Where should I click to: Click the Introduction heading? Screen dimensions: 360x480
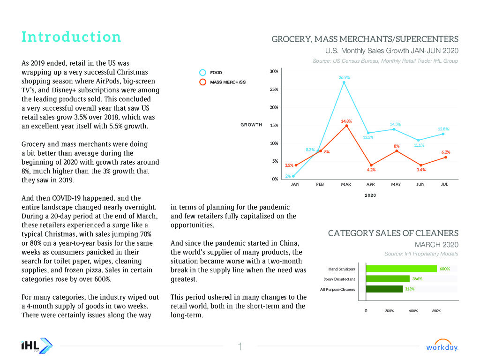pyautogui.click(x=71, y=37)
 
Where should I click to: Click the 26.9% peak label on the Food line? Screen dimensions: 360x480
pyautogui.click(x=345, y=77)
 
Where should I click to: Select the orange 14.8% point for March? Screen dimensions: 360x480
pyautogui.click(x=346, y=126)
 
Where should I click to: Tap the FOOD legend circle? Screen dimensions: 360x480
pyautogui.click(x=203, y=73)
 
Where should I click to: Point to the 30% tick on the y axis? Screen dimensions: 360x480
pyautogui.click(x=274, y=71)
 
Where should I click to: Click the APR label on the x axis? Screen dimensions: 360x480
pyautogui.click(x=370, y=184)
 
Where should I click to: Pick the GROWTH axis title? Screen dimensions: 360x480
pyautogui.click(x=251, y=125)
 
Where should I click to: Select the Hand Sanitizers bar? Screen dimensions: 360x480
pyautogui.click(x=401, y=269)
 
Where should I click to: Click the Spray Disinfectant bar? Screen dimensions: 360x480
pyautogui.click(x=387, y=279)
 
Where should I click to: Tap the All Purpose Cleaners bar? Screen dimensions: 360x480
pyautogui.click(x=384, y=289)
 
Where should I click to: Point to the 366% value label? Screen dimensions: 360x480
pyautogui.click(x=417, y=279)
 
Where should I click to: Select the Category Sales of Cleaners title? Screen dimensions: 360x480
pyautogui.click(x=393, y=233)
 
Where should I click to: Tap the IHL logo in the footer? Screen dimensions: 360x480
pyautogui.click(x=37, y=346)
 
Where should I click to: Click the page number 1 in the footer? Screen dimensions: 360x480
pyautogui.click(x=240, y=347)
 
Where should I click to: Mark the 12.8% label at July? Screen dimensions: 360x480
pyautogui.click(x=443, y=129)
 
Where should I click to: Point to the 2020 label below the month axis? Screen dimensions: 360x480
pyautogui.click(x=370, y=195)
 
